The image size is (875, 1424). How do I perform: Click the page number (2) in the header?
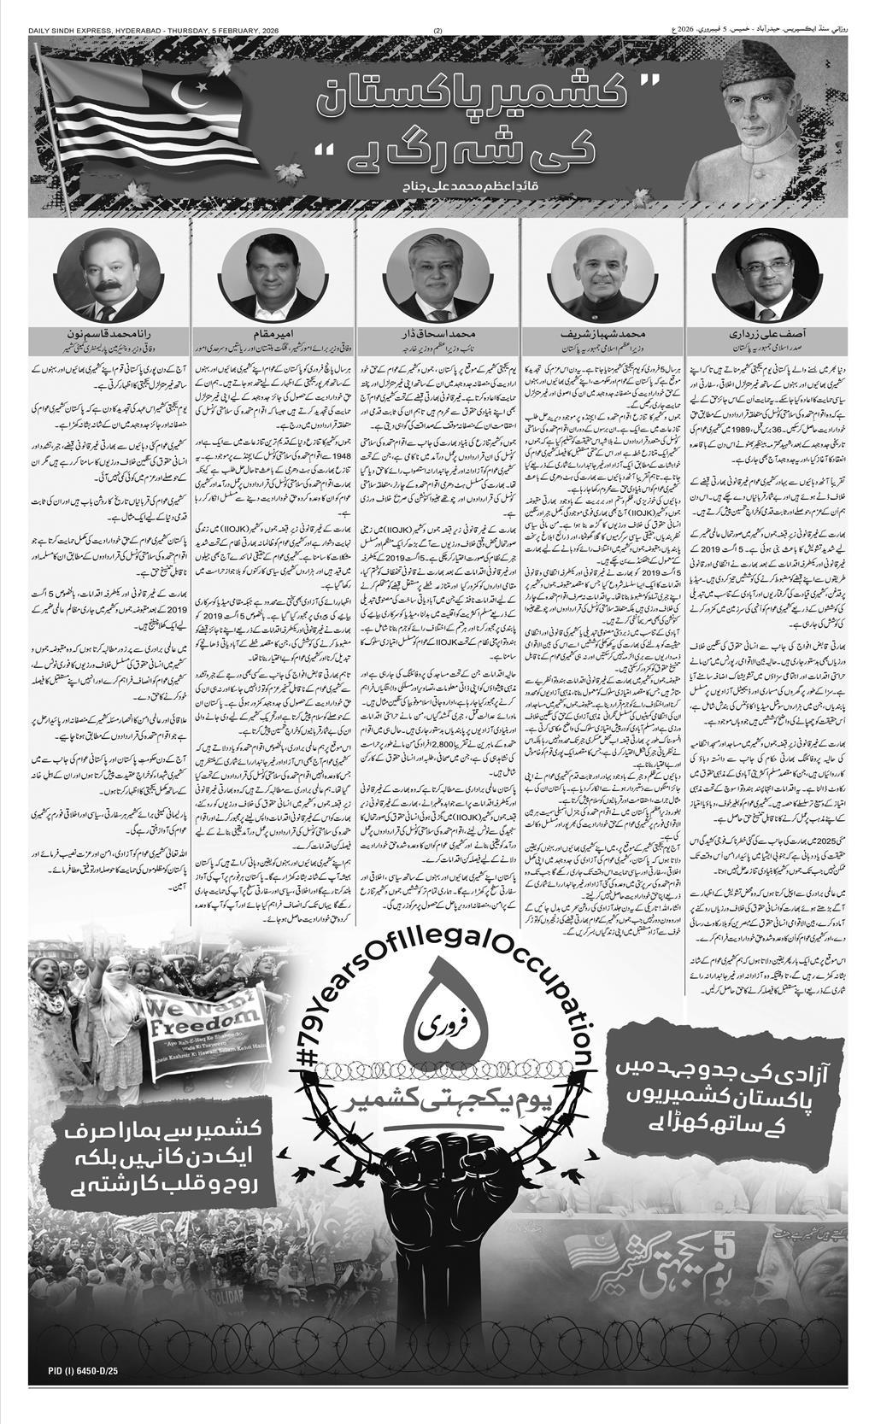click(x=438, y=7)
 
